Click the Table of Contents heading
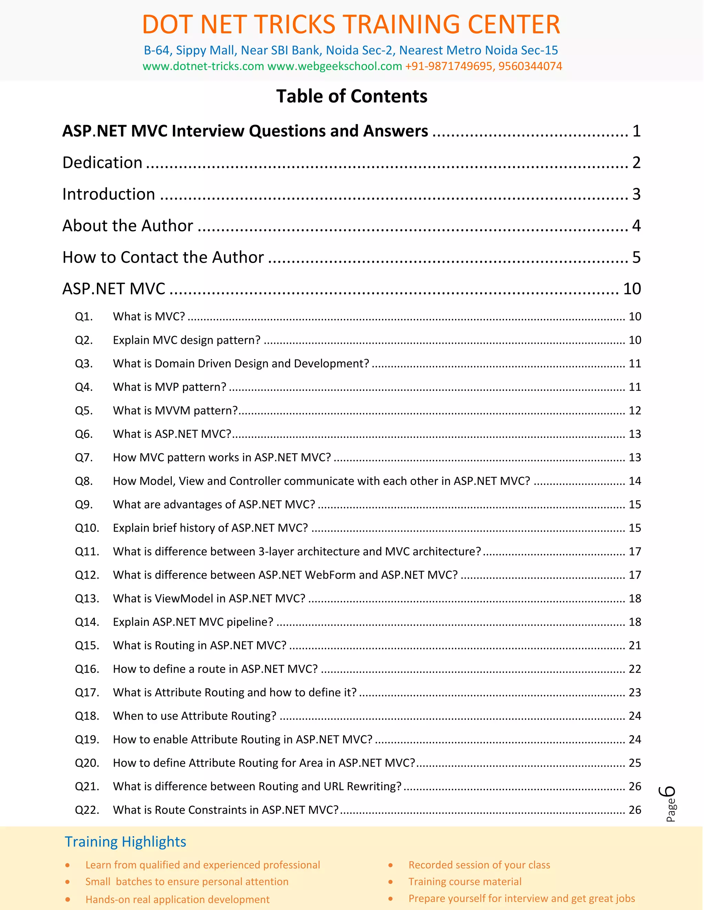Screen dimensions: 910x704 [352, 96]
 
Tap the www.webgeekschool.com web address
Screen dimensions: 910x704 [334, 66]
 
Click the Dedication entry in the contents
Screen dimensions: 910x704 [102, 162]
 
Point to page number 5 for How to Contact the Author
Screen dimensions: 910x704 [636, 257]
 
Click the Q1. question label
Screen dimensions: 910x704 [84, 317]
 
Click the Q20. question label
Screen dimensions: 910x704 [87, 763]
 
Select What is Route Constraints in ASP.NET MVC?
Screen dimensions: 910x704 [225, 810]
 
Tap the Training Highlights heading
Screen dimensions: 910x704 [125, 842]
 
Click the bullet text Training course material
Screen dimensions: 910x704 [465, 881]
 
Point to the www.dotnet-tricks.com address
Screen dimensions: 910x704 [203, 66]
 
